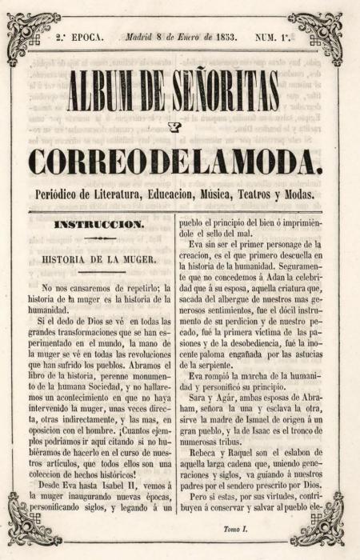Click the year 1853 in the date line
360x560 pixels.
coord(220,37)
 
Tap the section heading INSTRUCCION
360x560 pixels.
coord(99,225)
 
